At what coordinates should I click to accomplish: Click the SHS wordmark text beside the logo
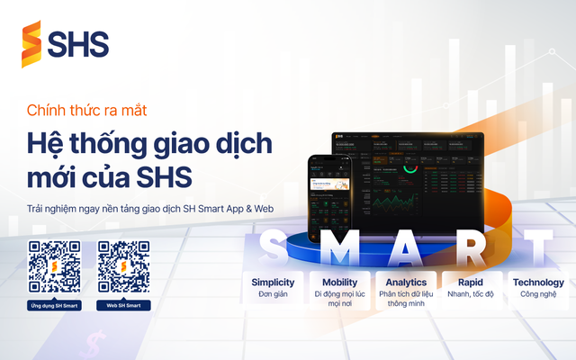pyautogui.click(x=79, y=44)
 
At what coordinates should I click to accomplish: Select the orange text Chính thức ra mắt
pyautogui.click(x=86, y=112)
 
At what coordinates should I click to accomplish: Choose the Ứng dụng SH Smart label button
pyautogui.click(x=54, y=306)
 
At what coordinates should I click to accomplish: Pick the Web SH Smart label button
pyautogui.click(x=123, y=306)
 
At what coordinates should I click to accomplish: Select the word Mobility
pyautogui.click(x=333, y=282)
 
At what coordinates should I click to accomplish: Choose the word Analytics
pyautogui.click(x=400, y=282)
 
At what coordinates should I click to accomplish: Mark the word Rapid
pyautogui.click(x=469, y=282)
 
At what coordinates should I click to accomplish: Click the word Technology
pyautogui.click(x=538, y=282)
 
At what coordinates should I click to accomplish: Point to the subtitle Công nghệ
pyautogui.click(x=538, y=293)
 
